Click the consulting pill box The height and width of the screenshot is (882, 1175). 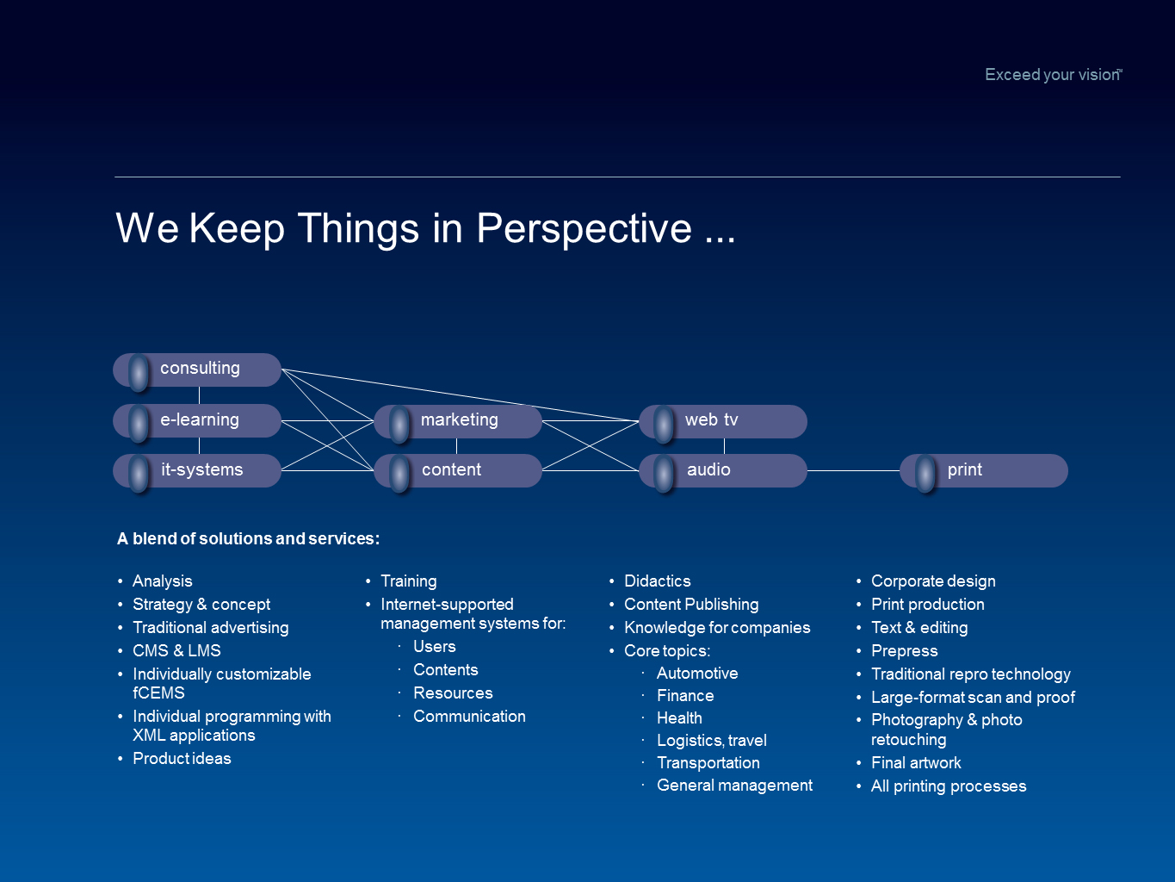coord(197,370)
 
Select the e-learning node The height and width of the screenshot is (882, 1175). coord(197,420)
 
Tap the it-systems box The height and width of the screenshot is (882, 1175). coord(197,471)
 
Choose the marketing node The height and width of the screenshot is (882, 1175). coord(458,421)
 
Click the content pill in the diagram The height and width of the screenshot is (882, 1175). coord(458,471)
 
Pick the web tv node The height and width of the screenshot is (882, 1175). coord(723,421)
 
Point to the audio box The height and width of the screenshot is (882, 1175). coord(723,471)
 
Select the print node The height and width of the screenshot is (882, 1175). coord(984,471)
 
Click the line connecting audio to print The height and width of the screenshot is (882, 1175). coord(853,471)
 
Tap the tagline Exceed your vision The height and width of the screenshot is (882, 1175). coord(1053,74)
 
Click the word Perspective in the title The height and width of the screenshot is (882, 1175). coord(584,229)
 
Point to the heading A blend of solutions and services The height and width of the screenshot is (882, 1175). coord(249,538)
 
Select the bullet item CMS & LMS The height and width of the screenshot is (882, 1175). coord(176,650)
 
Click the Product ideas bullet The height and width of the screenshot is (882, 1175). coord(182,758)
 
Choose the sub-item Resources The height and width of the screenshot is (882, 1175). coord(453,693)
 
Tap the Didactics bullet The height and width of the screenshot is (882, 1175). coord(658,581)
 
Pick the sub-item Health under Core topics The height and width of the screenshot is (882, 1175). coord(679,718)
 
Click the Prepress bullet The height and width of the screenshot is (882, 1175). coord(905,650)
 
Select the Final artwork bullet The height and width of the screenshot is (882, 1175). coord(916,762)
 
